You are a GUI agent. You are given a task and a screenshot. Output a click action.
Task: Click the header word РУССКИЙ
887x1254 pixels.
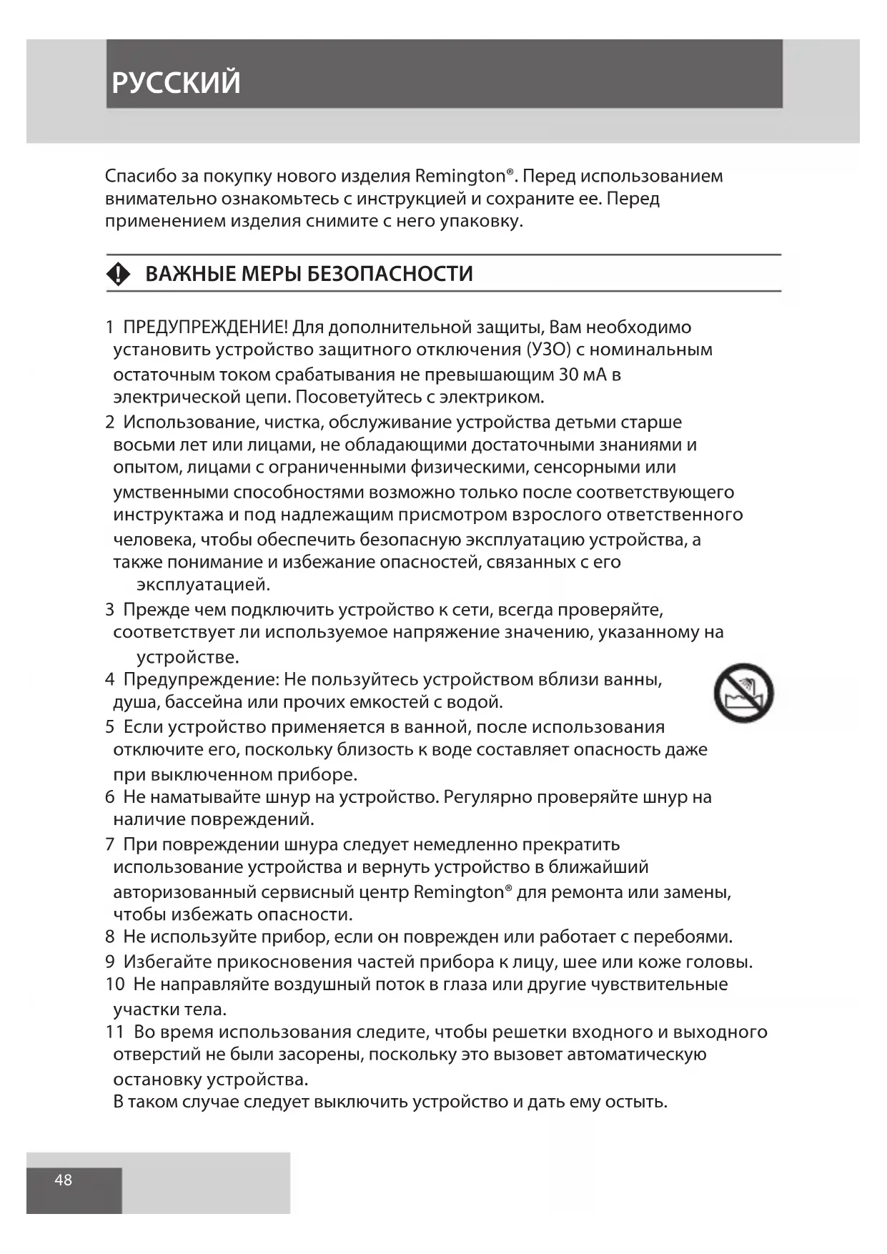click(x=176, y=83)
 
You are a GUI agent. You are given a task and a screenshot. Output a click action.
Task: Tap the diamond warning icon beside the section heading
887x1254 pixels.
click(x=118, y=274)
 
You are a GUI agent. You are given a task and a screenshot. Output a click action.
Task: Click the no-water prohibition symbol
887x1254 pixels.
click(x=743, y=692)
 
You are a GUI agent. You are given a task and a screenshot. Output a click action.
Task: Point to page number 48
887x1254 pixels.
click(x=63, y=1180)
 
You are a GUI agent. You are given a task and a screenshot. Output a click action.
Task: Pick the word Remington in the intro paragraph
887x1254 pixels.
click(x=460, y=176)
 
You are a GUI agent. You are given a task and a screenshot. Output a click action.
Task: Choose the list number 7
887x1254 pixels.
click(x=109, y=844)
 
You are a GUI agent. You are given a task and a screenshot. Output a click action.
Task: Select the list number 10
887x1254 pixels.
click(x=114, y=984)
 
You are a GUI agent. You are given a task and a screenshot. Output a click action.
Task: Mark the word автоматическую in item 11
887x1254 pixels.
click(x=636, y=1055)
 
